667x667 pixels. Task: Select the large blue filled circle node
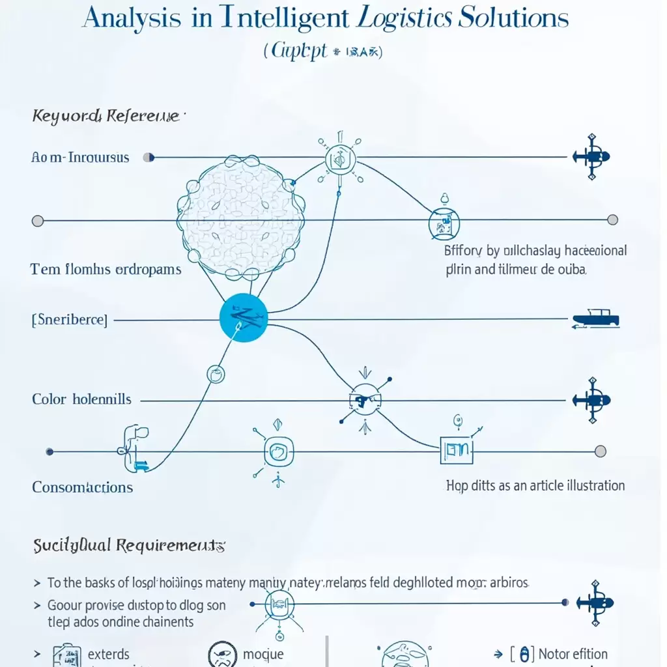coord(244,318)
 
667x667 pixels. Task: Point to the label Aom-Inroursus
coord(80,158)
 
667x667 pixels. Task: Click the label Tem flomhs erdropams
coord(106,269)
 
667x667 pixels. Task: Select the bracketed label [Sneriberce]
coord(70,320)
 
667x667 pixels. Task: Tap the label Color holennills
coord(81,399)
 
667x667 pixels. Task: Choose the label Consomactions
coord(82,487)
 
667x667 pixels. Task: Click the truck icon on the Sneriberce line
coord(595,319)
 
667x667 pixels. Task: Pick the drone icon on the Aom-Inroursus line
coord(591,156)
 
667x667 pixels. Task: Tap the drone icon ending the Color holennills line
coord(591,399)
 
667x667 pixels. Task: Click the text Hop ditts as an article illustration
coord(535,485)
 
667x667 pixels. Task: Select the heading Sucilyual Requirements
coord(129,545)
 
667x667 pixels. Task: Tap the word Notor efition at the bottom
coord(573,654)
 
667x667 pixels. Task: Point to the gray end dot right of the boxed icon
coord(601,451)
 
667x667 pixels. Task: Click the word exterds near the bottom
coord(109,654)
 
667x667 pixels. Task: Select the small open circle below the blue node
coord(216,373)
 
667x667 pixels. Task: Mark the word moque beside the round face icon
coord(263,654)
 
